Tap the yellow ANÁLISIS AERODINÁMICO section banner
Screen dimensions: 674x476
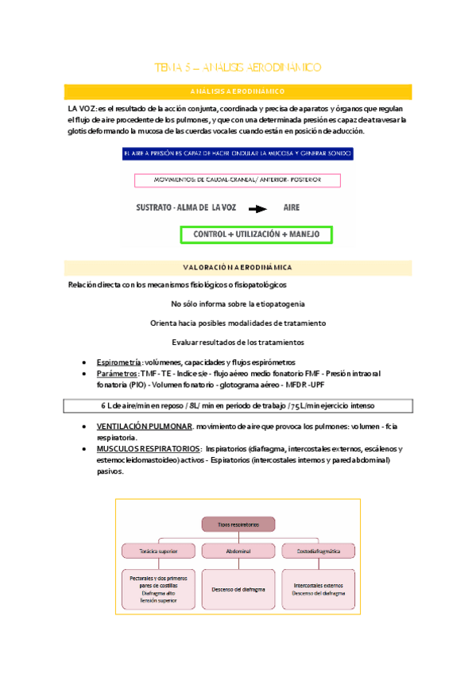(x=238, y=91)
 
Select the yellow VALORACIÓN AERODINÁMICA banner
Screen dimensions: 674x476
(x=238, y=267)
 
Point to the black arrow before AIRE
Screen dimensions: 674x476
(x=256, y=211)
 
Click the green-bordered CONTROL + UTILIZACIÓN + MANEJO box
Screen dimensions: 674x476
(x=256, y=234)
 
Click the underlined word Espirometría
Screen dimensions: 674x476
(x=118, y=362)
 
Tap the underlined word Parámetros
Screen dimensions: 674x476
(x=117, y=373)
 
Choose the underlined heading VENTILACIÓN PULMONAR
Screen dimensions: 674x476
(x=144, y=427)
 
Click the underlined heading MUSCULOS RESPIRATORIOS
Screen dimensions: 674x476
(x=148, y=448)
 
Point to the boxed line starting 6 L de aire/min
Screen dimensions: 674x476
(x=238, y=405)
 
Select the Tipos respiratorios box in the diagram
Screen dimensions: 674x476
(x=238, y=525)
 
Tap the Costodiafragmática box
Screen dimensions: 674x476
(x=317, y=550)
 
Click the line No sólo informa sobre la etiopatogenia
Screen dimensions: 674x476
(x=238, y=304)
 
